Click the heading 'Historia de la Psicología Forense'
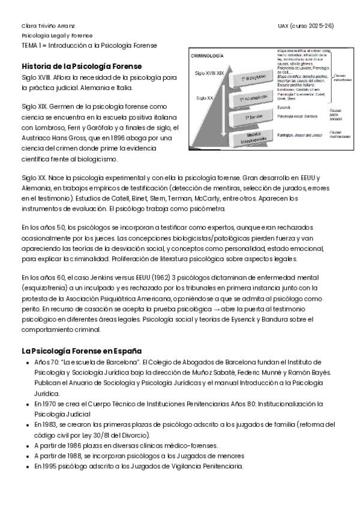coord(81,66)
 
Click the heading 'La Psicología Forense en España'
coord(81,351)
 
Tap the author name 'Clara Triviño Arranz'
coord(48,26)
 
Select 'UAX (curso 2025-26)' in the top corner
coord(306,26)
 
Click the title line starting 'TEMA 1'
coord(89,45)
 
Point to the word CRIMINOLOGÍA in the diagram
coord(207,55)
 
